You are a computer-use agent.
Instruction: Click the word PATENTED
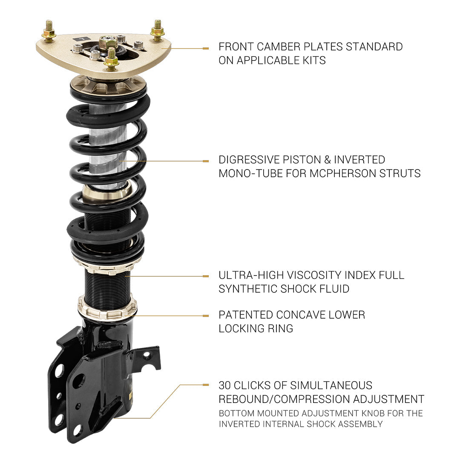coord(246,315)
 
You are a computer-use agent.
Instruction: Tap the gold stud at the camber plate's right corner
coord(158,30)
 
